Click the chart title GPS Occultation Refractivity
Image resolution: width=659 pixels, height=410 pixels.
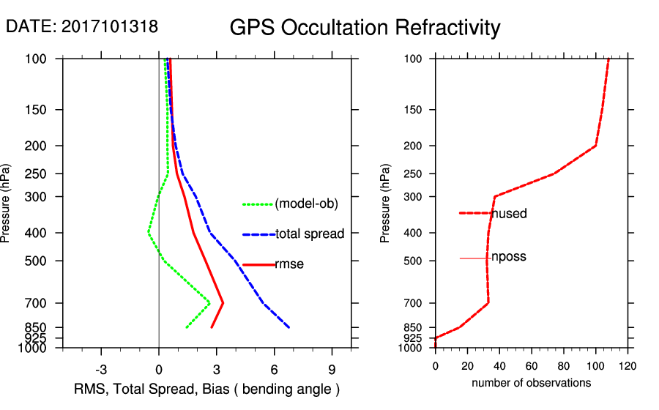[x=365, y=28]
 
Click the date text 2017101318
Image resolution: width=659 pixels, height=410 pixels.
[x=109, y=26]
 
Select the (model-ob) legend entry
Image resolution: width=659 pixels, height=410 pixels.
[x=306, y=204]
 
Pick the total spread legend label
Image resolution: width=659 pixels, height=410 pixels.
[x=309, y=234]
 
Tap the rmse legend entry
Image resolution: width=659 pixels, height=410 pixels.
[x=288, y=264]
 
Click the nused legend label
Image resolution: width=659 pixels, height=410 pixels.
[x=509, y=214]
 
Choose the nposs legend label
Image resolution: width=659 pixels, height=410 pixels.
[x=509, y=257]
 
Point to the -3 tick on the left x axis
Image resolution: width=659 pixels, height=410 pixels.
[x=101, y=369]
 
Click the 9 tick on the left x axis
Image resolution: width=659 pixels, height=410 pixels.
[x=332, y=369]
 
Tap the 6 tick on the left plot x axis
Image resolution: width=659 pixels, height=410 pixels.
[x=274, y=369]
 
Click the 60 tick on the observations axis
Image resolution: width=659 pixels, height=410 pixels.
[x=532, y=366]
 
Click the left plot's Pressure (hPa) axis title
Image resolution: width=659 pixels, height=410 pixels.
[x=7, y=203]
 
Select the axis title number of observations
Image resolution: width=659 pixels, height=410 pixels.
[x=531, y=383]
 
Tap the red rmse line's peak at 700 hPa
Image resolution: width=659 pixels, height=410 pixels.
[x=223, y=302]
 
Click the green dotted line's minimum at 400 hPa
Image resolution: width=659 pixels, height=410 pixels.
[x=148, y=233]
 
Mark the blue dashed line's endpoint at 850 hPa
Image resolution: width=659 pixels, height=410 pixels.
[x=289, y=327]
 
